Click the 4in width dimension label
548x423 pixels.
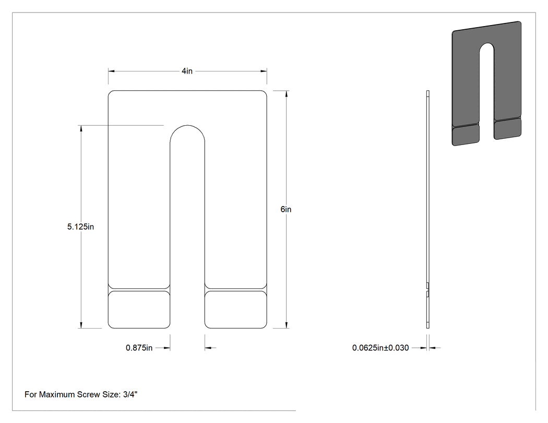click(187, 71)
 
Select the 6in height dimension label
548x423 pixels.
click(286, 209)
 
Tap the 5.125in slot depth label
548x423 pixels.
click(80, 227)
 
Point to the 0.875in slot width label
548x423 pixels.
click(139, 348)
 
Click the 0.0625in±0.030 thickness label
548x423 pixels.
click(380, 348)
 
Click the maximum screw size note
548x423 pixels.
click(81, 395)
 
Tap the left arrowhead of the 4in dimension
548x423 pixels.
click(112, 71)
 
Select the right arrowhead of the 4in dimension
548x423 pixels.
click(264, 71)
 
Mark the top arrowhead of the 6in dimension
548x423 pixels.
click(287, 93)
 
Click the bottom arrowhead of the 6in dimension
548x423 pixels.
click(287, 325)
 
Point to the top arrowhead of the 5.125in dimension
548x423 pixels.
click(81, 128)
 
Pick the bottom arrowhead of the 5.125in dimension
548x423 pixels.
click(81, 325)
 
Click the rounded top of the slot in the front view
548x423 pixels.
click(187, 125)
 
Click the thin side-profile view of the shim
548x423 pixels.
click(428, 210)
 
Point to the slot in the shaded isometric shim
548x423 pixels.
click(487, 91)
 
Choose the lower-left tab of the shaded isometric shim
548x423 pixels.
click(466, 135)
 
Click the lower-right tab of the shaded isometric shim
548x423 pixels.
click(508, 129)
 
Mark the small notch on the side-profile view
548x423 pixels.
click(428, 290)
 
